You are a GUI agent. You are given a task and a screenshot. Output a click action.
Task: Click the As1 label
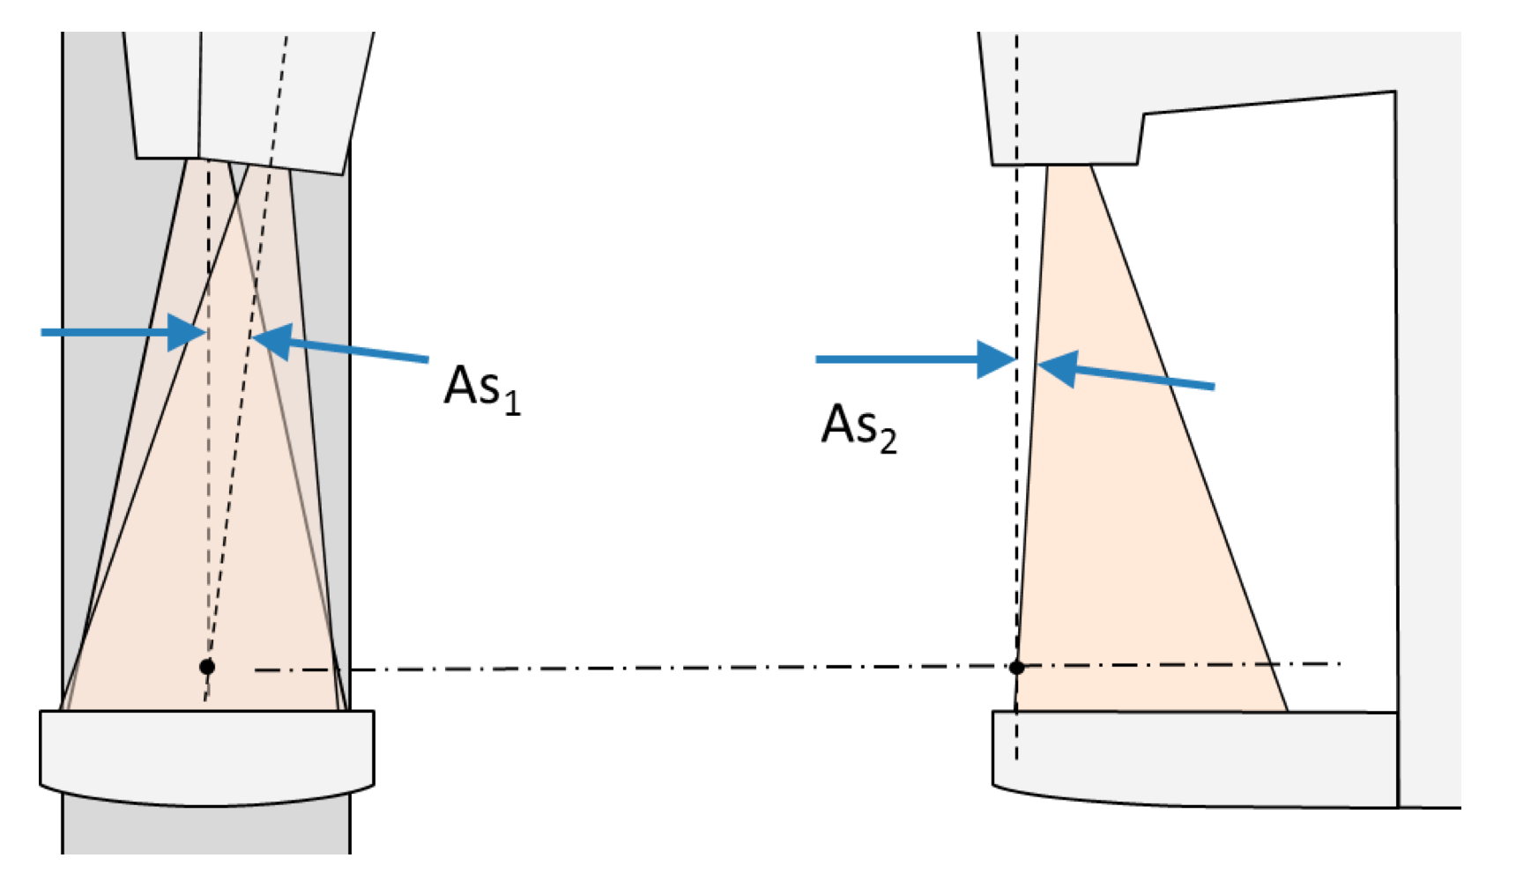point(481,388)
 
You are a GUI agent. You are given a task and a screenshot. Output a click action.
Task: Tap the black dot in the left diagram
point(207,667)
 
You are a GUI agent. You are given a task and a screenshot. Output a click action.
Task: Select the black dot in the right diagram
point(1016,668)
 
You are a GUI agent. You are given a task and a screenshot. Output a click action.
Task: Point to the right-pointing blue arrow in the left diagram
point(123,333)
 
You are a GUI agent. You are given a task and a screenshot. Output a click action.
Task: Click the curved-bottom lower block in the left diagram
point(207,758)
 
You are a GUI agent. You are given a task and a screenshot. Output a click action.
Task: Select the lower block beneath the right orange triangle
point(1194,758)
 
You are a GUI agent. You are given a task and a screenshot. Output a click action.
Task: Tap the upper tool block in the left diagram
point(247,97)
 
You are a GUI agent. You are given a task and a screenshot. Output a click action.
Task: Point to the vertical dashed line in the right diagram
point(1016,264)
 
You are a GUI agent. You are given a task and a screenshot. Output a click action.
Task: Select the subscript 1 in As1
point(512,404)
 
